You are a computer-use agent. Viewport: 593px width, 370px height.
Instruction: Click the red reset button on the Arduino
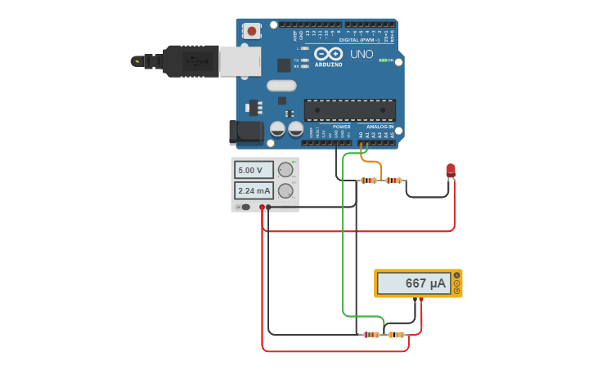pyautogui.click(x=251, y=31)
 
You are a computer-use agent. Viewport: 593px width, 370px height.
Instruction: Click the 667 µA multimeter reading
pyautogui.click(x=414, y=283)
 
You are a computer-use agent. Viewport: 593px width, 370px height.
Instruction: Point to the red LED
pyautogui.click(x=451, y=171)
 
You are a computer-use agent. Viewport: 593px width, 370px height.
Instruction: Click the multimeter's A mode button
pyautogui.click(x=457, y=276)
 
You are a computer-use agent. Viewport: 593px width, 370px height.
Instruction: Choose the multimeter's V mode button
pyautogui.click(x=457, y=283)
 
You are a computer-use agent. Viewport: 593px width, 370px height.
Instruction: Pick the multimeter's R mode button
pyautogui.click(x=457, y=291)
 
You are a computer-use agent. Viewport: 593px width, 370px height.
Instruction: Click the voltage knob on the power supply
pyautogui.click(x=285, y=170)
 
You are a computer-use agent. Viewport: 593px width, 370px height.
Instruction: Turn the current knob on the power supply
pyautogui.click(x=285, y=191)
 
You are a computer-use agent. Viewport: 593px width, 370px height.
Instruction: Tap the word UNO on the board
pyautogui.click(x=362, y=55)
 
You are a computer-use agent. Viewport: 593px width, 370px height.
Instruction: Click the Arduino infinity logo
pyautogui.click(x=328, y=54)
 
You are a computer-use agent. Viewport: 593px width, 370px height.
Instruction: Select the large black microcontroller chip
pyautogui.click(x=349, y=109)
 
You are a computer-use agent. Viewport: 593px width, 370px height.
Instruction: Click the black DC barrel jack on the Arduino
pyautogui.click(x=245, y=131)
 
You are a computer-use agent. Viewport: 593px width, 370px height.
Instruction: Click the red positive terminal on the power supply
pyautogui.click(x=262, y=207)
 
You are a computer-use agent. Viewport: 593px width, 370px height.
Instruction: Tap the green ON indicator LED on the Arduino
pyautogui.click(x=383, y=60)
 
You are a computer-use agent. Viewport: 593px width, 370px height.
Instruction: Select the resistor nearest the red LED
pyautogui.click(x=394, y=181)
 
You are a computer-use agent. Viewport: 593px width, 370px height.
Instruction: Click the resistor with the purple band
pyautogui.click(x=371, y=334)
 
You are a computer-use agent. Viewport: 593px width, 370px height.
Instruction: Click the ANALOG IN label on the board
pyautogui.click(x=379, y=127)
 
